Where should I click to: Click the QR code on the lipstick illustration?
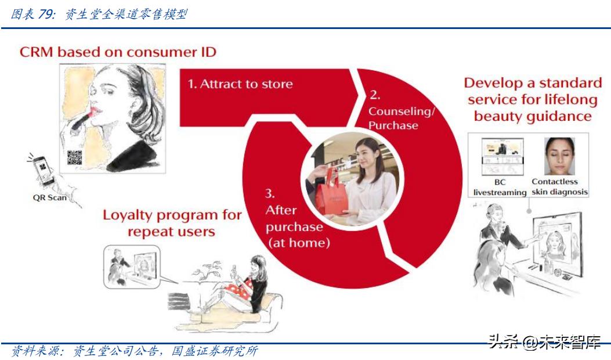click(x=75, y=157)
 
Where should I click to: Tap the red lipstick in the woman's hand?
click(x=84, y=118)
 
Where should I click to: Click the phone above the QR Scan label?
click(x=43, y=171)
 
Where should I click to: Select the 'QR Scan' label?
click(x=49, y=198)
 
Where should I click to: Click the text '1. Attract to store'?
click(x=240, y=84)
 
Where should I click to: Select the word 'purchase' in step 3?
click(x=294, y=228)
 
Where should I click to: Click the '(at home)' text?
click(x=299, y=243)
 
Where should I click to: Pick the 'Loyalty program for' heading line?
click(x=172, y=215)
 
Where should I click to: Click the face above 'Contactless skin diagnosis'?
click(x=559, y=156)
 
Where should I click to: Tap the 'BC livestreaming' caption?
click(x=500, y=187)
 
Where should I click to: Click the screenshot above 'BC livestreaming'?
click(x=502, y=156)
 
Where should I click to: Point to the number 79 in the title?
click(x=45, y=14)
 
